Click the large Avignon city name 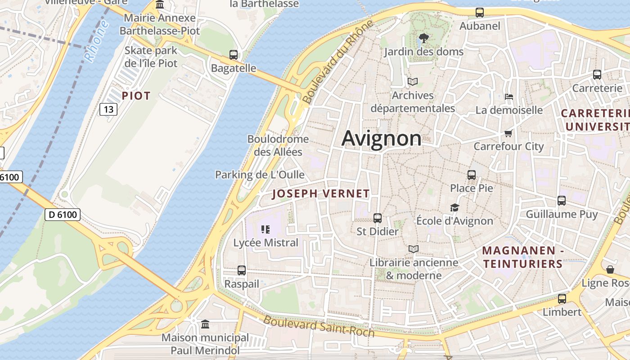click(382, 138)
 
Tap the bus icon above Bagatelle click(233, 55)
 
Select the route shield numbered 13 click(108, 109)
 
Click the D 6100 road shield click(63, 215)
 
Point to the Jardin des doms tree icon click(423, 38)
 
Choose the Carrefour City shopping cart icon click(508, 133)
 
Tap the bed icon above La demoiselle click(509, 96)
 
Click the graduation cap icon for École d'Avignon click(454, 207)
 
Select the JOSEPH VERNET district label click(321, 194)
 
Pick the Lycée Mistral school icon click(265, 229)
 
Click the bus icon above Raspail click(242, 270)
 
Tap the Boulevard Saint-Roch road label click(319, 326)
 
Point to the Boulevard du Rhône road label click(338, 62)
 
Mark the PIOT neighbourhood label click(136, 96)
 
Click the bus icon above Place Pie click(471, 175)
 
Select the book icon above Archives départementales click(412, 81)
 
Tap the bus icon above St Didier click(377, 218)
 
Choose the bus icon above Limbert click(562, 299)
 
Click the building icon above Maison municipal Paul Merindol click(205, 324)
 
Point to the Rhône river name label click(96, 41)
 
